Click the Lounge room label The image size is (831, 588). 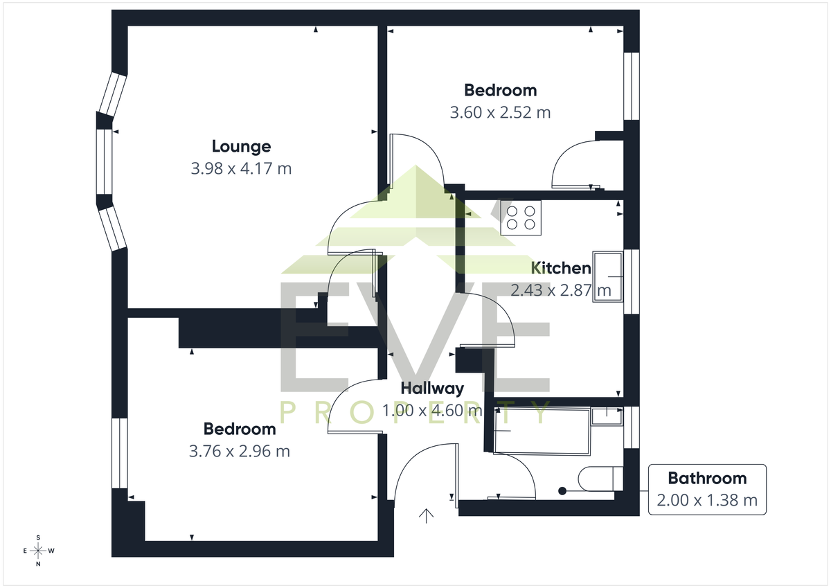[241, 147]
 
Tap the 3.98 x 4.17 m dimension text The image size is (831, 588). [241, 169]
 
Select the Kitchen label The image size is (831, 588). [561, 268]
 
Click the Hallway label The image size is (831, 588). [432, 389]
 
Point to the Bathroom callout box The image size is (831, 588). [707, 490]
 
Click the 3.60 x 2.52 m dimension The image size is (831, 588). [500, 113]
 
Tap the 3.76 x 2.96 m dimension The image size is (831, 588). [240, 452]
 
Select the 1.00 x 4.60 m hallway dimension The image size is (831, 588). [432, 411]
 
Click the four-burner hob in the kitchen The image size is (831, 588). [521, 217]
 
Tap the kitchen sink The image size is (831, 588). [608, 277]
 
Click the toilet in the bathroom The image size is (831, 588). [600, 479]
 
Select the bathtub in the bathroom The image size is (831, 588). [542, 431]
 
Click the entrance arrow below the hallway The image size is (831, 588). [427, 516]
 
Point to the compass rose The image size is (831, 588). [38, 551]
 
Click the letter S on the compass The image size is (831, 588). [38, 537]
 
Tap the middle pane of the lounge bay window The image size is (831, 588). [105, 162]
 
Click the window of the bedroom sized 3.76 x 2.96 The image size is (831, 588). [119, 454]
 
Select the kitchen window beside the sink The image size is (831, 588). [632, 282]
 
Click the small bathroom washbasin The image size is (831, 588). [607, 417]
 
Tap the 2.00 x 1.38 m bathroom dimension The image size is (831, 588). [707, 501]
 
